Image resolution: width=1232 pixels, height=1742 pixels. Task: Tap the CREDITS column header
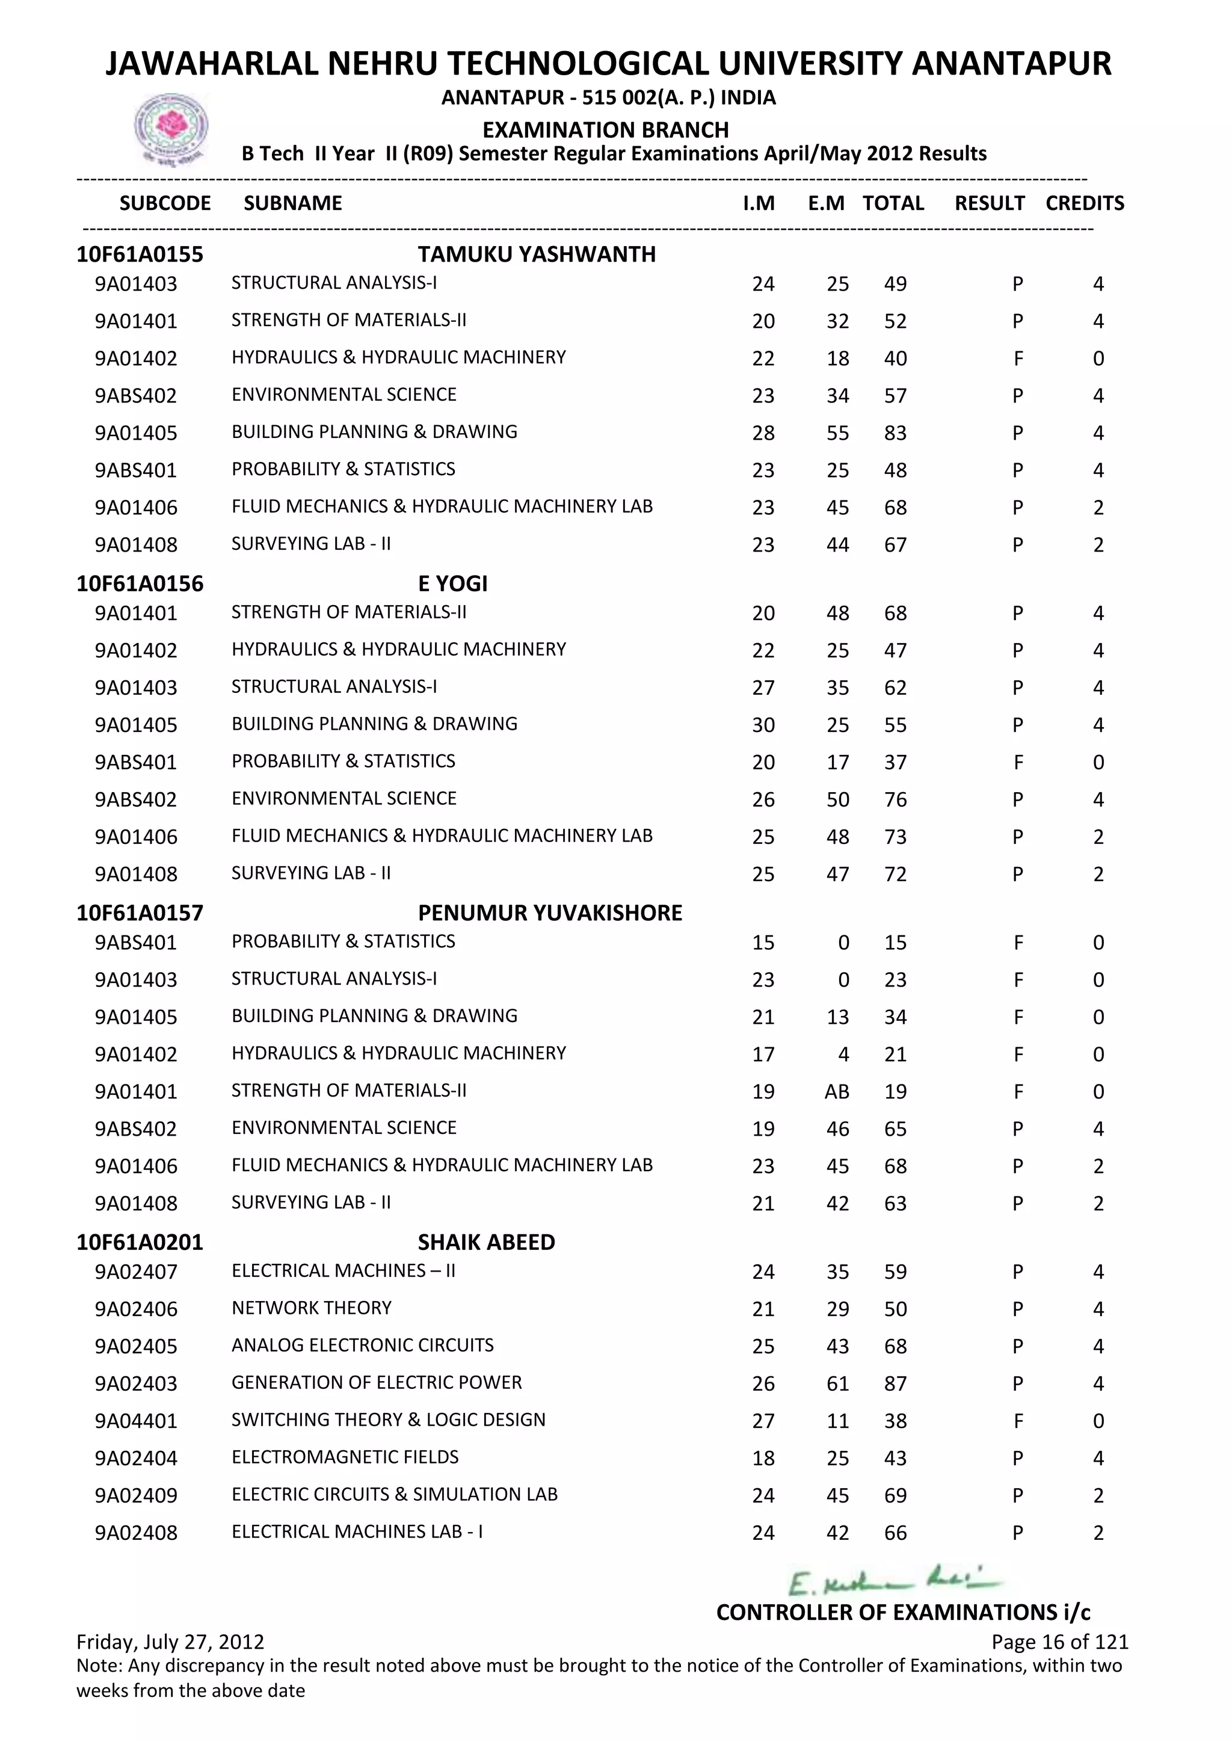(x=1084, y=203)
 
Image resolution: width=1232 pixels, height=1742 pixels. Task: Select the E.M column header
(x=826, y=203)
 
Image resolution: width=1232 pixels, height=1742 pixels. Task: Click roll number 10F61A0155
(x=140, y=254)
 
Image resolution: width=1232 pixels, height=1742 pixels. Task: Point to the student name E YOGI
(x=452, y=583)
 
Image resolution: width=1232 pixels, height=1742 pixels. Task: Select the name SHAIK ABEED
(x=486, y=1242)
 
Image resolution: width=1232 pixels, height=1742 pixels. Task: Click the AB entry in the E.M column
(x=837, y=1092)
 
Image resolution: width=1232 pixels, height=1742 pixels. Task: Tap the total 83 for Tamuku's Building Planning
(x=895, y=433)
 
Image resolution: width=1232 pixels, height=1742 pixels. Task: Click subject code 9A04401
(x=136, y=1421)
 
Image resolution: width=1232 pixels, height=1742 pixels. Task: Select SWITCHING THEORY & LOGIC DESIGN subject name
(x=389, y=1420)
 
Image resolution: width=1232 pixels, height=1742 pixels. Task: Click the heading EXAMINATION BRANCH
(x=605, y=130)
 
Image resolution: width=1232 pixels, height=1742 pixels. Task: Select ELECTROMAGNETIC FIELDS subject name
(x=345, y=1457)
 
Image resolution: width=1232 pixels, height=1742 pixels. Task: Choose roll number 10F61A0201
(x=140, y=1242)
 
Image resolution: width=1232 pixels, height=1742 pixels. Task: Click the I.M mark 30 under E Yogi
(x=763, y=725)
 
